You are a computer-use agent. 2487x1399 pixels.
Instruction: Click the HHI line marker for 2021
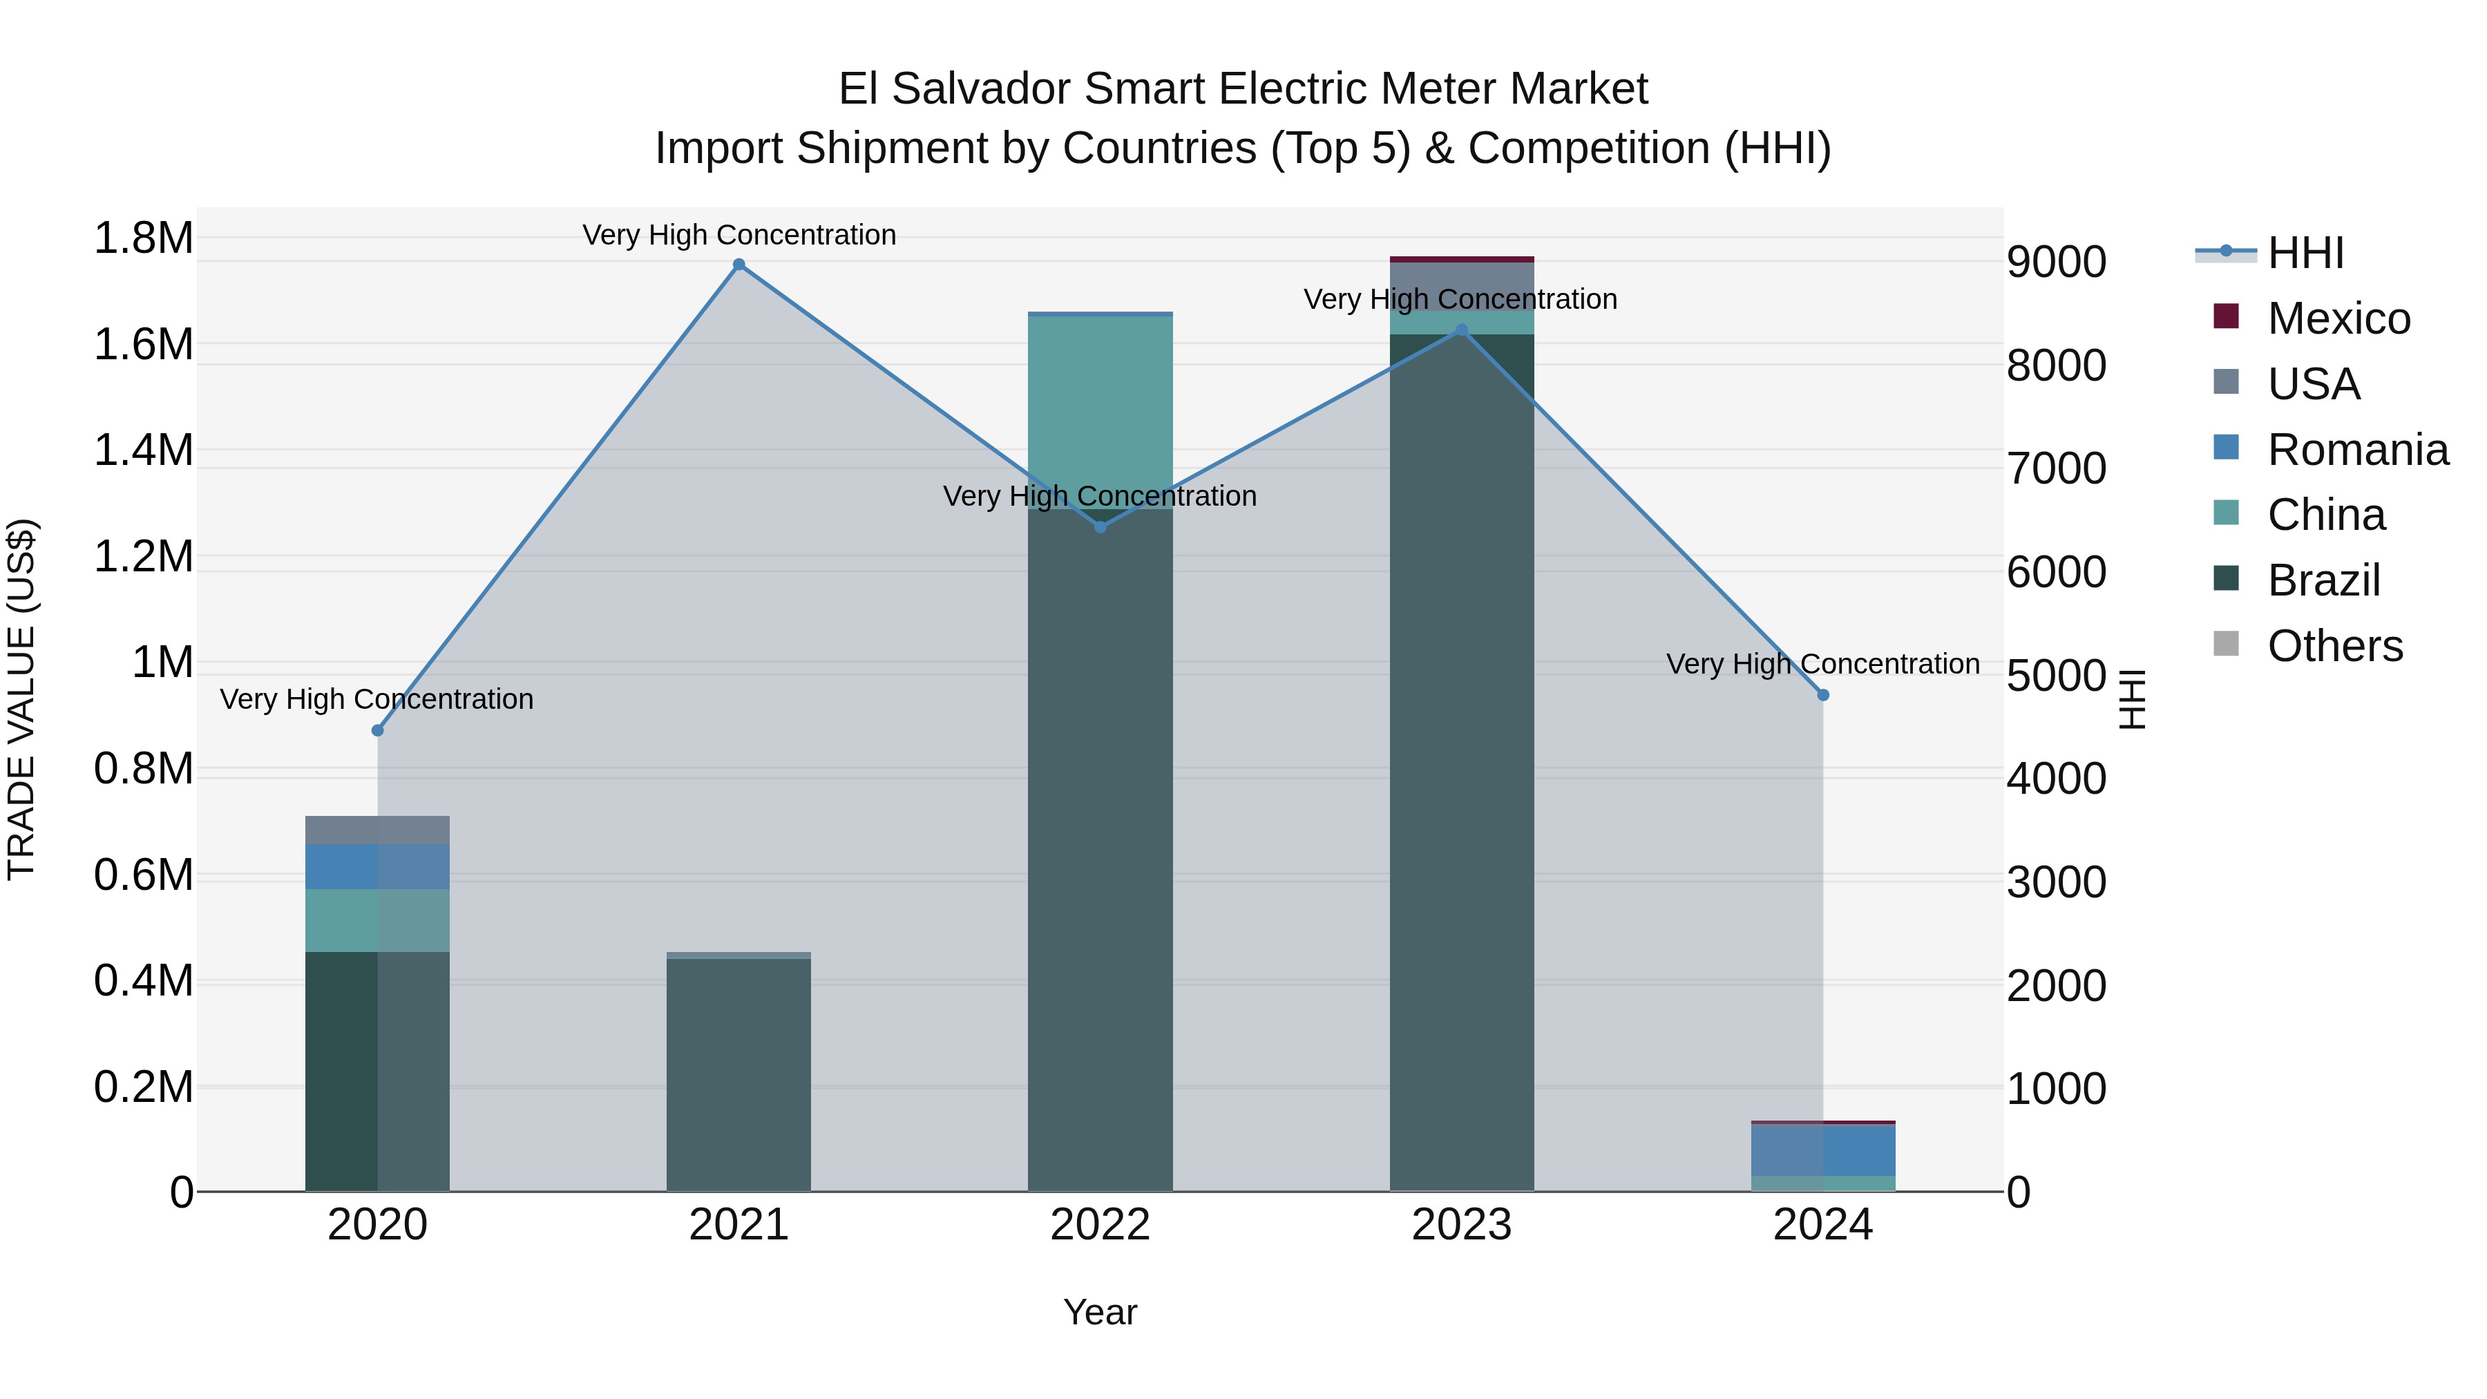739,265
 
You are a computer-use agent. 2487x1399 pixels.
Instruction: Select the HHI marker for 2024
1823,695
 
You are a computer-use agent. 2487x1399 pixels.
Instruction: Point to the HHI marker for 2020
377,731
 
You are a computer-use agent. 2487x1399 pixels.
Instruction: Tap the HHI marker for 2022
1100,527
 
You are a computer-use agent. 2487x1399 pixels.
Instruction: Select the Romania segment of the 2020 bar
377,867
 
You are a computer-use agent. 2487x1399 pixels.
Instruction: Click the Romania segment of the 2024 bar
1823,1150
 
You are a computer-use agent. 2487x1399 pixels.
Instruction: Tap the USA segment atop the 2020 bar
377,830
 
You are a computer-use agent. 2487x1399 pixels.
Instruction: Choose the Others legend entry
2334,646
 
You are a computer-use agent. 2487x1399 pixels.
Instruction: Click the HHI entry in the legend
2305,253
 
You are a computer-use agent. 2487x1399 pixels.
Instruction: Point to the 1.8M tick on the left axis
143,238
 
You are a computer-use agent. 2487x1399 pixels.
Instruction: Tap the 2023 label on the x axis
1460,1225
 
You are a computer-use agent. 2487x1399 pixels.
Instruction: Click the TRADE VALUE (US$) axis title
22,699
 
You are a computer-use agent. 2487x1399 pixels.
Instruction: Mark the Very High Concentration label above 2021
739,236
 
